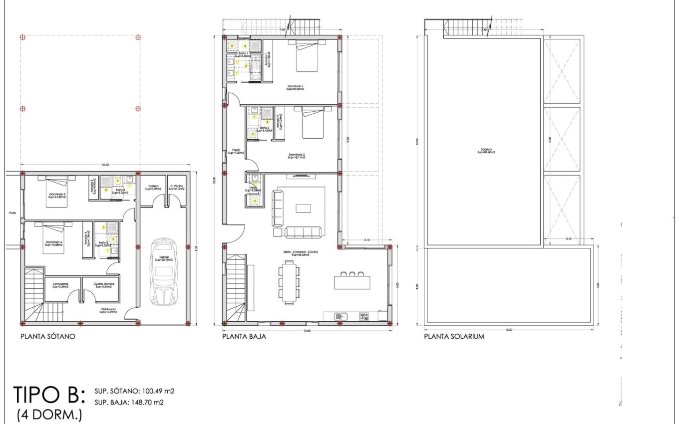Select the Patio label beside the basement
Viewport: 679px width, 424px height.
[x=13, y=213]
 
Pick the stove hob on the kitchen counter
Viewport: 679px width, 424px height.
[x=364, y=316]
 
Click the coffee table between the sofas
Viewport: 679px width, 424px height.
[x=303, y=208]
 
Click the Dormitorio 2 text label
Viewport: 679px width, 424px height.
[x=296, y=156]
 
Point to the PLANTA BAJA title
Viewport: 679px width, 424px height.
[x=244, y=337]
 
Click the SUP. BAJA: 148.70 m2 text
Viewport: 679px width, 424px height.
[x=129, y=402]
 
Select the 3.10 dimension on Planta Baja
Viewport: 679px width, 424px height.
[x=366, y=240]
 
